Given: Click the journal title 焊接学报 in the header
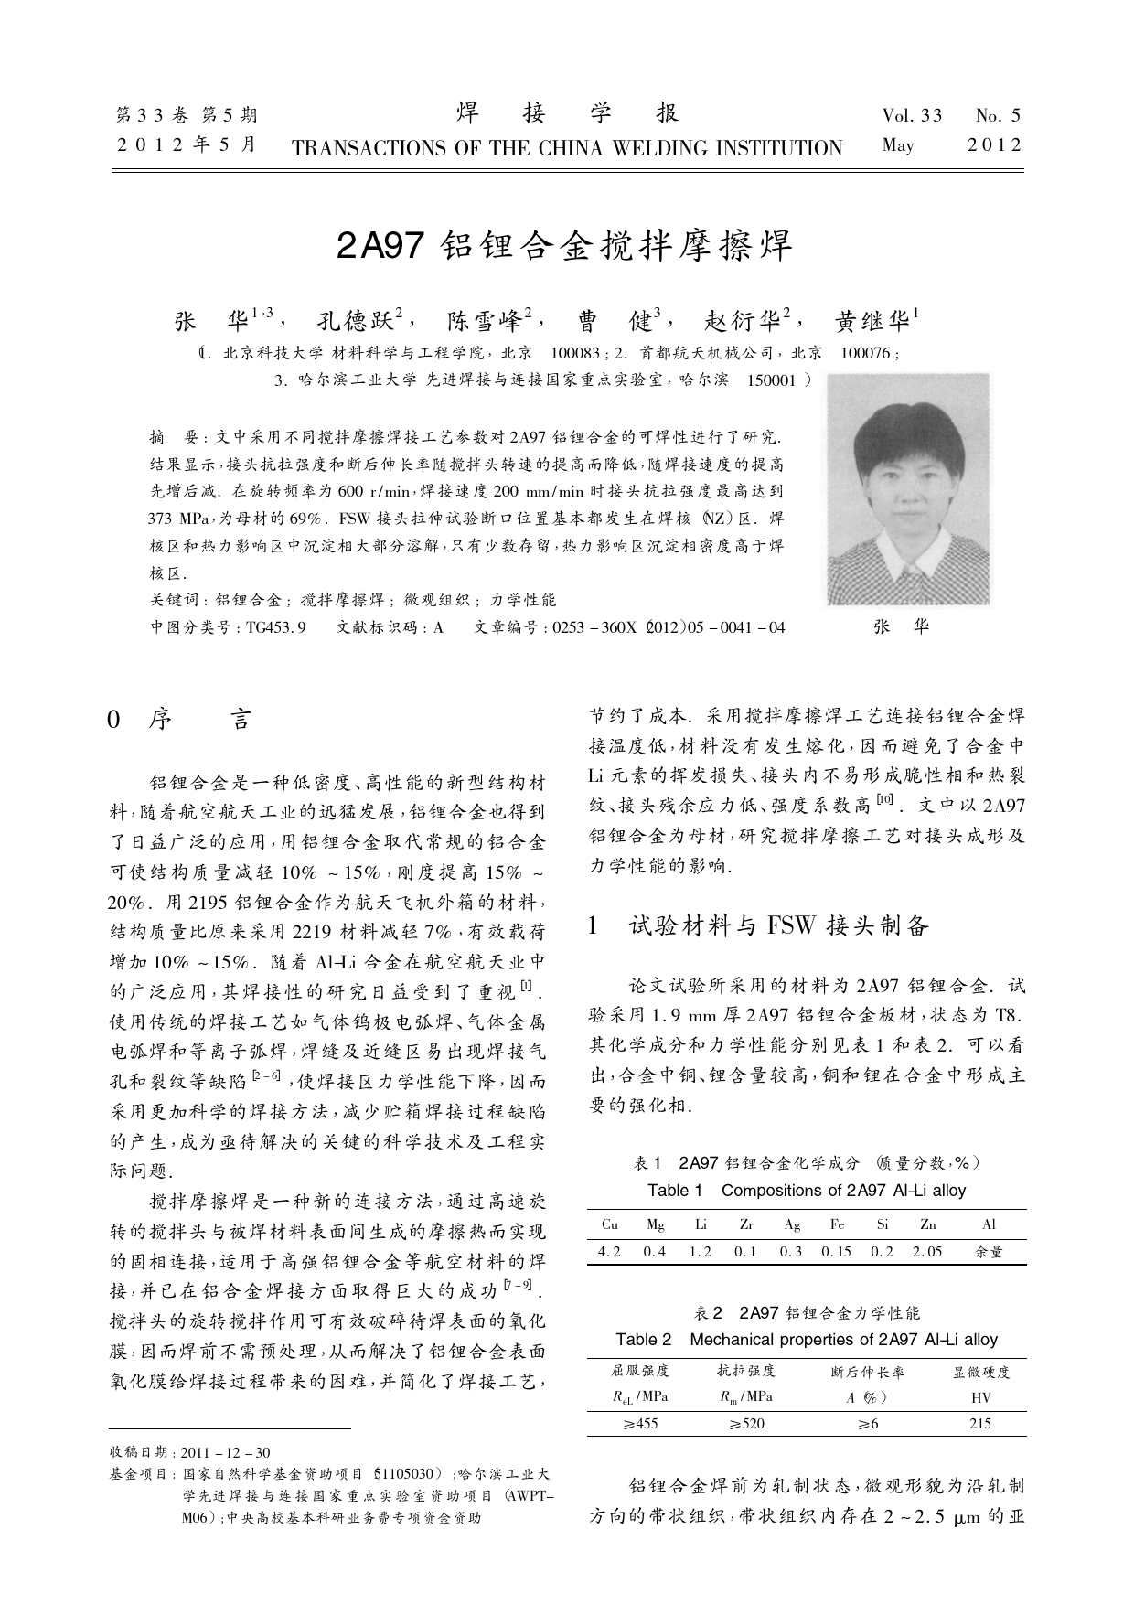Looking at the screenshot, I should tap(567, 113).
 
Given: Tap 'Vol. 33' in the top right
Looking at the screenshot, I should tap(912, 115).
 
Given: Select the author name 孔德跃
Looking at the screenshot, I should tap(354, 321).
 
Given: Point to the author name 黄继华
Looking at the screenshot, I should tap(872, 321).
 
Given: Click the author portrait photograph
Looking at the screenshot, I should tap(907, 488).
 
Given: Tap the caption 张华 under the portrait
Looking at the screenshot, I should tap(902, 626).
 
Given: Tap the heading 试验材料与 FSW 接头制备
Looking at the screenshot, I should tap(778, 926).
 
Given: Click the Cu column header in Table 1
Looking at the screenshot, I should tap(610, 1224).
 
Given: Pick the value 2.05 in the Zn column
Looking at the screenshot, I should tap(926, 1251).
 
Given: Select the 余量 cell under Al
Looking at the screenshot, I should tap(989, 1251).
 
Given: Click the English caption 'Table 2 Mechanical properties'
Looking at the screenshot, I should tap(806, 1340).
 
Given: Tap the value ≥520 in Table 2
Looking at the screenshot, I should tap(746, 1423).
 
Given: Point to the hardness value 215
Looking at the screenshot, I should tap(979, 1423).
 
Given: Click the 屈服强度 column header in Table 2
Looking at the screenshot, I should tap(640, 1371).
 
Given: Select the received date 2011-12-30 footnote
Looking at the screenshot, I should tap(227, 1452).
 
